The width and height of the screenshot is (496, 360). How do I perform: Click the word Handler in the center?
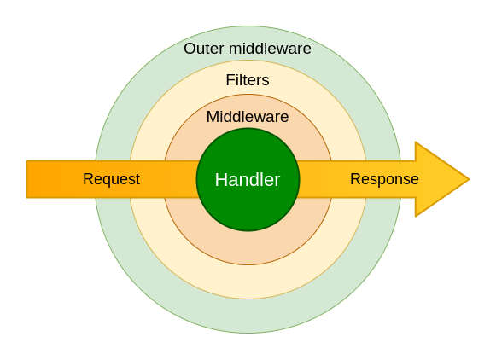248,180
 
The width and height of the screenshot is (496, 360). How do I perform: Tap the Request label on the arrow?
111,179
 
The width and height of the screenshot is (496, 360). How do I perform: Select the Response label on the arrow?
384,179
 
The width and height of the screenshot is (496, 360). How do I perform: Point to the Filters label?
248,80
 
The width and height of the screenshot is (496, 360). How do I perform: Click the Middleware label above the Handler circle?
248,117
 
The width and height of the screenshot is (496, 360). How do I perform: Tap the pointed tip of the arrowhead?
468,179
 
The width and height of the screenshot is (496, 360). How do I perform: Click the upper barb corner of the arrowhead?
416,143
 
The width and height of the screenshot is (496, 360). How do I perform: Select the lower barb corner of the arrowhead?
416,215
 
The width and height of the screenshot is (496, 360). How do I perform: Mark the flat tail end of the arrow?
28,179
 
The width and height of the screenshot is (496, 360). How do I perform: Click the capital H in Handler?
220,180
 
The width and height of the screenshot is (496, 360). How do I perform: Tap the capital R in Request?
87,179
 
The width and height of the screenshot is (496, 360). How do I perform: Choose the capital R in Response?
354,179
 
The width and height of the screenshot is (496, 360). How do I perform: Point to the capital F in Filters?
230,80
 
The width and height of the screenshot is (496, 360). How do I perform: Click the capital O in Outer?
190,49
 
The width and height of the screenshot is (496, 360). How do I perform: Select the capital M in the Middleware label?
213,117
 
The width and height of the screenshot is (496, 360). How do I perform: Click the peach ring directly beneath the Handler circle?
248,247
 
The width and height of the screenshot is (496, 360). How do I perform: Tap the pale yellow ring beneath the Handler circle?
248,282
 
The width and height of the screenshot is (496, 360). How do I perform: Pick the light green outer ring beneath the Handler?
248,316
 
